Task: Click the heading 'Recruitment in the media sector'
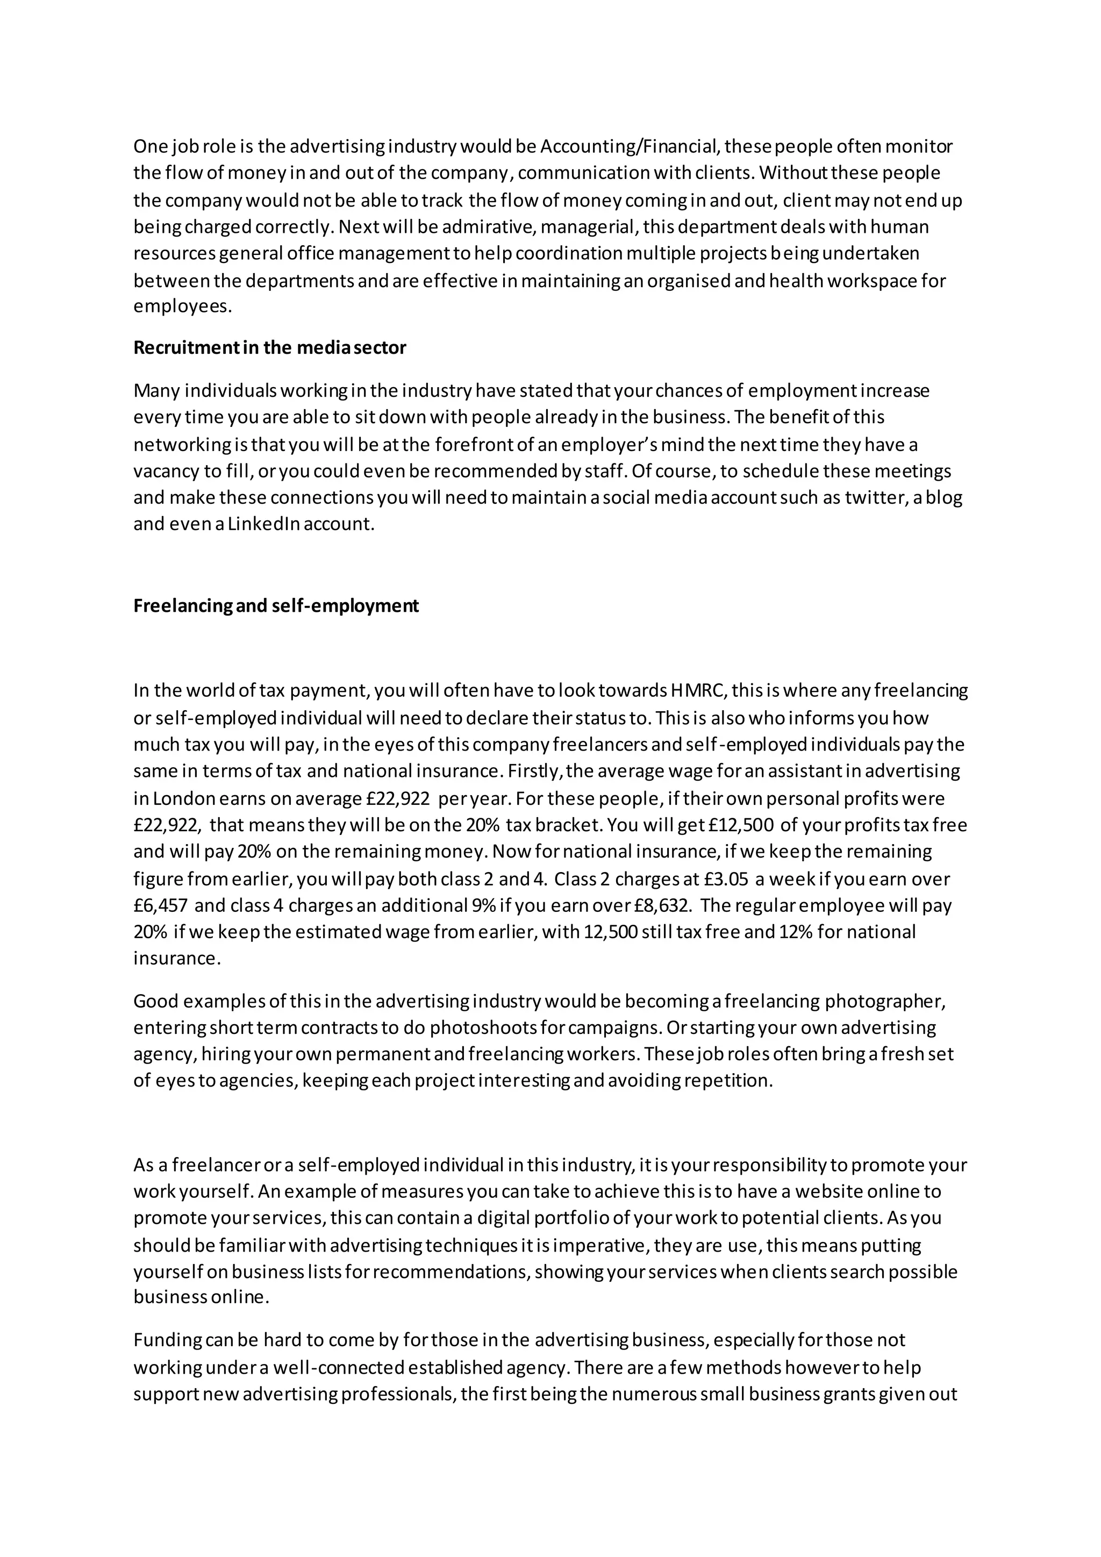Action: [x=269, y=348]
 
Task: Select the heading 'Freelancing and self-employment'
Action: [x=275, y=605]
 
